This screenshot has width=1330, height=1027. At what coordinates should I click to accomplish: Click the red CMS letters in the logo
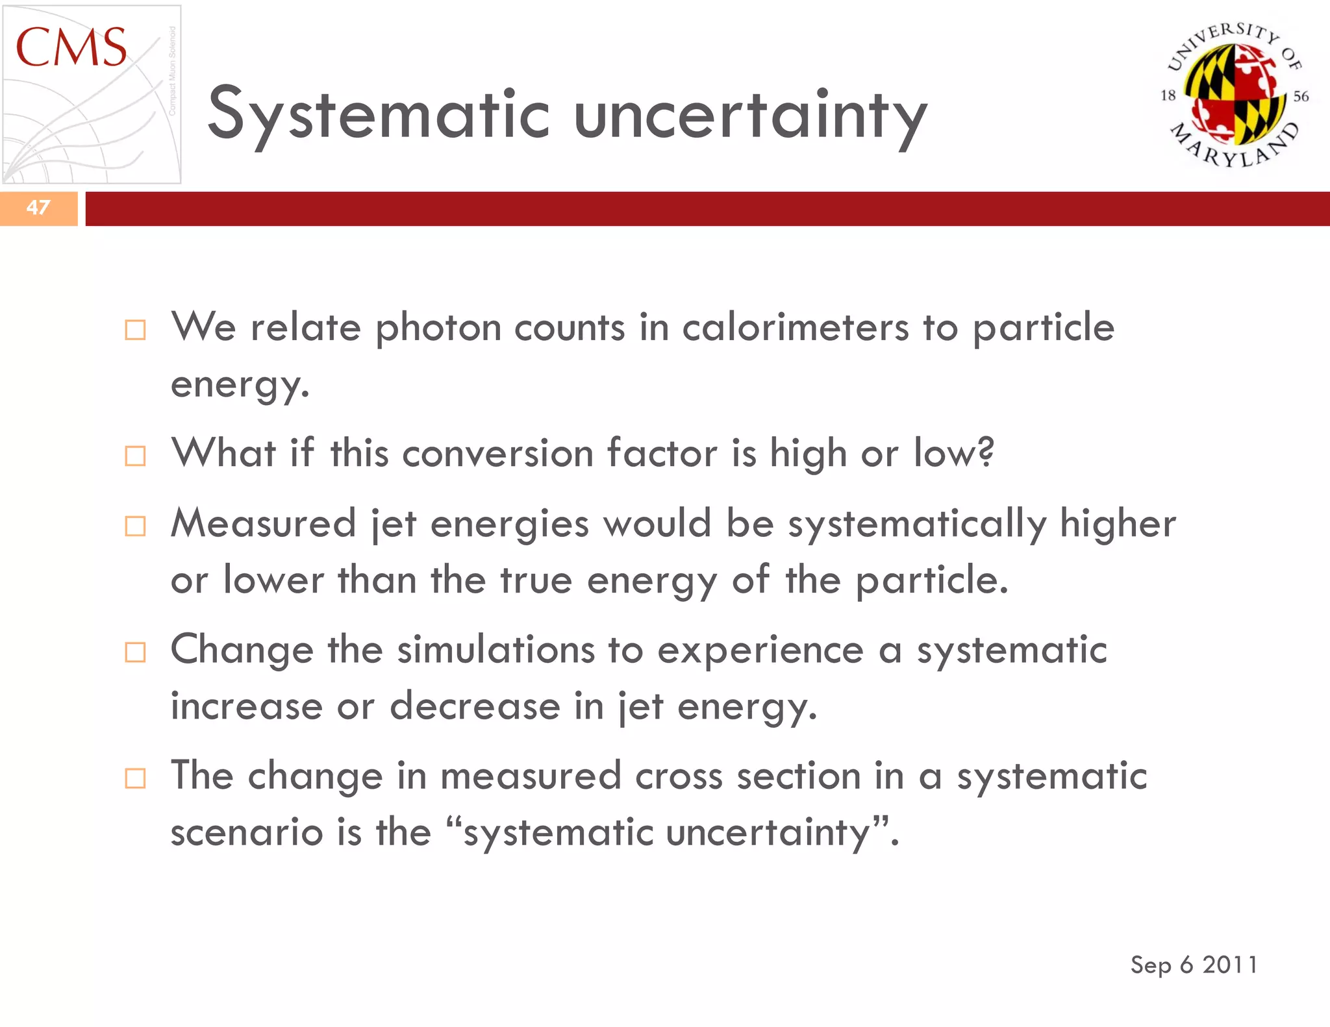[x=71, y=48]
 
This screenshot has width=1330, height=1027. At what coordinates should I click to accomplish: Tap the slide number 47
[x=38, y=208]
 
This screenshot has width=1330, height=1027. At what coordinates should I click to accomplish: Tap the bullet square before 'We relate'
[x=135, y=330]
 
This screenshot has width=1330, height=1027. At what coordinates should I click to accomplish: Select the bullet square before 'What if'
[x=135, y=456]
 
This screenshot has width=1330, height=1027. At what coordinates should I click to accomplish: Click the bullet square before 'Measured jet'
[x=135, y=526]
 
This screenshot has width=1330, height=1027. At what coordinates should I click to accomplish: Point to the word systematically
[x=917, y=525]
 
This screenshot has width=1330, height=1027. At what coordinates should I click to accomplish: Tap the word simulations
[x=496, y=650]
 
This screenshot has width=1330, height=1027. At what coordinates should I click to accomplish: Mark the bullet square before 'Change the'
[x=135, y=652]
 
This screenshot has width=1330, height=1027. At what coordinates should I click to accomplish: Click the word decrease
[x=475, y=706]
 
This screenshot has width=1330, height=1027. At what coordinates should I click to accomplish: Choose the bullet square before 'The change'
[x=135, y=778]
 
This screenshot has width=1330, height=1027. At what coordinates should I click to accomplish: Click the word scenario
[x=246, y=832]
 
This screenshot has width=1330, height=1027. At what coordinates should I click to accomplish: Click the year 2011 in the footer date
[x=1229, y=965]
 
